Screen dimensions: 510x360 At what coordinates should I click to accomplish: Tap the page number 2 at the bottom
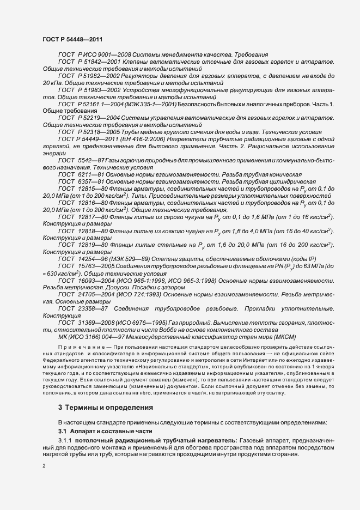pos(44,465)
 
